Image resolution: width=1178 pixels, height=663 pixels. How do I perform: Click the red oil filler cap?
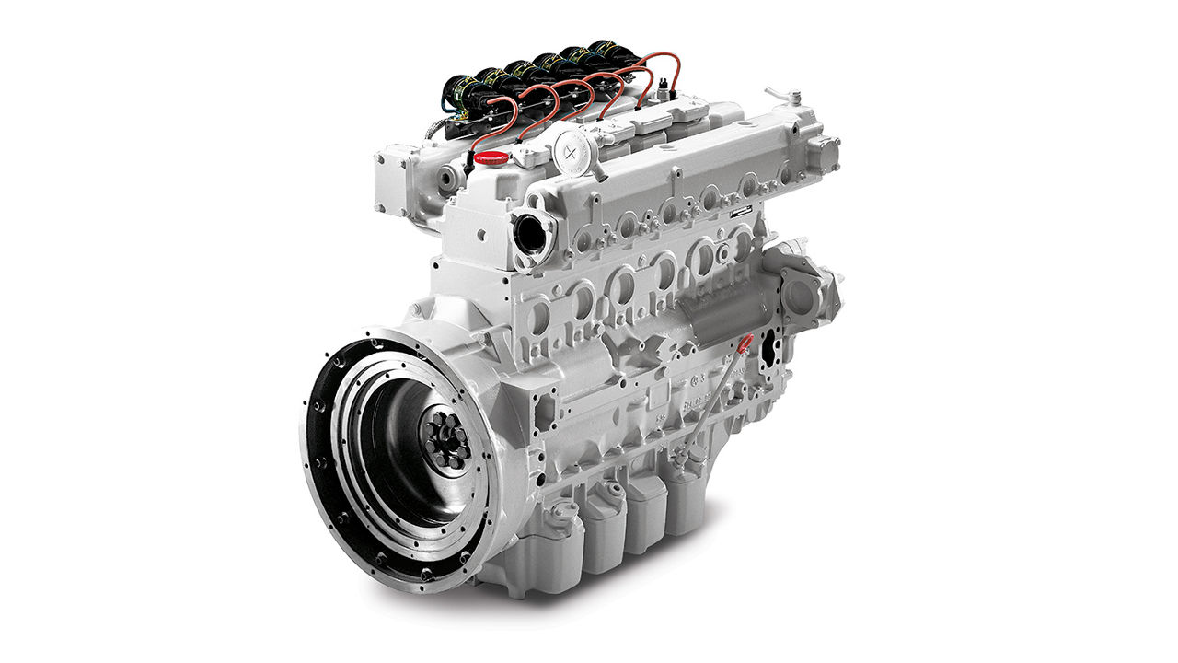491,157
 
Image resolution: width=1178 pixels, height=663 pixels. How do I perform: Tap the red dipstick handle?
745,343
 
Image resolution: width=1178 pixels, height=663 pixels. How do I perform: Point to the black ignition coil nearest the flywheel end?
457,92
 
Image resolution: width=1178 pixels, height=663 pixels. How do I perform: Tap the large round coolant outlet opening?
532,232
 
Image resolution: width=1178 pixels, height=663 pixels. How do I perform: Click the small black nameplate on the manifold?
740,212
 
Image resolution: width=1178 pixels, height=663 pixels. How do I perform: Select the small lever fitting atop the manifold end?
784,96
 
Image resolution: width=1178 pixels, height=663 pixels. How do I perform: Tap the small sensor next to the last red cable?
663,89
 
